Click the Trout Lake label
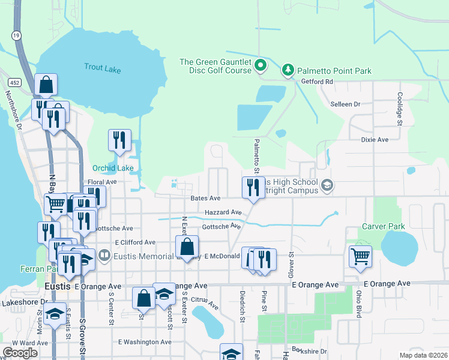tap(102, 69)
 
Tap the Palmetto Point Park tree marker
tap(288, 71)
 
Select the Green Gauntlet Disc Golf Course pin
tap(261, 65)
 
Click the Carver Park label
tap(383, 226)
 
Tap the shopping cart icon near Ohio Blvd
tap(360, 256)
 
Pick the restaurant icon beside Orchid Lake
tap(119, 140)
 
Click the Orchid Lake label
tap(113, 168)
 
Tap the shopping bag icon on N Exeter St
tap(187, 246)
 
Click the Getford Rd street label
tap(317, 82)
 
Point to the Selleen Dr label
tap(345, 104)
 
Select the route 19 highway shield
tap(16, 35)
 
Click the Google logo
tap(20, 352)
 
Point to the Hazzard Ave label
tap(223, 212)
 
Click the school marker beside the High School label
tap(327, 184)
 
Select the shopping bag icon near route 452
tap(46, 85)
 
